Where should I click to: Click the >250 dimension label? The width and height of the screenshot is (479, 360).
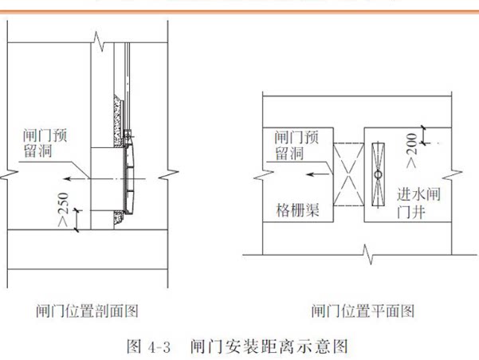coord(63,209)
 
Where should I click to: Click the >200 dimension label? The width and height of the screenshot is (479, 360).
coord(411,151)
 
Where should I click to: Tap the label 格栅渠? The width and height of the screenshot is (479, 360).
coord(297,210)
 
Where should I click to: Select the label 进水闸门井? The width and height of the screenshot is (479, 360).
coord(418,203)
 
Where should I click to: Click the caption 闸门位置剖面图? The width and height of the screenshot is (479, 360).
coord(88,311)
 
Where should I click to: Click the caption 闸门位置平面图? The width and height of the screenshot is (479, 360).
coord(363,311)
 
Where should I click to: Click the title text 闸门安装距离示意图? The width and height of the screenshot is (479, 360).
coord(269,347)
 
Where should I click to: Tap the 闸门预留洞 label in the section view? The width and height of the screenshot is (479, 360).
coord(45,143)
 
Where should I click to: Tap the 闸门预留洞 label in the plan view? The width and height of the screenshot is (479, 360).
coord(296,145)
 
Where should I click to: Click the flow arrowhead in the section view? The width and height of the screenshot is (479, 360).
coord(69,178)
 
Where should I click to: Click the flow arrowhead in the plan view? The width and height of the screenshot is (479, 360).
coord(310,174)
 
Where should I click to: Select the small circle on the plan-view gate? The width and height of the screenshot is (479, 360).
coord(379,175)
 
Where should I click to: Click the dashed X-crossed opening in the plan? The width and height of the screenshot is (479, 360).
coord(348,174)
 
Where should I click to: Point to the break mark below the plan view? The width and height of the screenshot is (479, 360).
coord(367,254)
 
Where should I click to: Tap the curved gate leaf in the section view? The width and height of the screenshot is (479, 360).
coord(130,178)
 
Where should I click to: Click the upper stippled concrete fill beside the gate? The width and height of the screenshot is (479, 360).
coord(118,120)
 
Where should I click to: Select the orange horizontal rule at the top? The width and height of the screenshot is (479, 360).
coord(239,12)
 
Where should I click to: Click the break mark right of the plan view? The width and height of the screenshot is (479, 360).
coord(452,175)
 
